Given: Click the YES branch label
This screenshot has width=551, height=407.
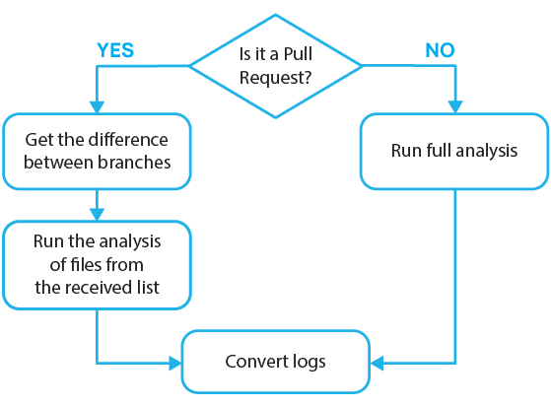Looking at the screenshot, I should pos(114,49).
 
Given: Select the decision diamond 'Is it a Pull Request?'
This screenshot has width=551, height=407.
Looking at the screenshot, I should pos(276,66).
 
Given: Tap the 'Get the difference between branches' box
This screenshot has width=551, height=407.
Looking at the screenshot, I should pos(98,151).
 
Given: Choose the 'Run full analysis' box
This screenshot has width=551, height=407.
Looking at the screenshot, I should pos(454,151).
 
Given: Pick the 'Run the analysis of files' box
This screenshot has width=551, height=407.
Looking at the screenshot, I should pos(98,265).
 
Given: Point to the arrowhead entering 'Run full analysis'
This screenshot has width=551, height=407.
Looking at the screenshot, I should pos(454,106).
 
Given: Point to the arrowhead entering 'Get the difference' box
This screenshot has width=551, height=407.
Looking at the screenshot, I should pos(98,106).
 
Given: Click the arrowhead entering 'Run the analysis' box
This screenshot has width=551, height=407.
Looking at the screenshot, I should pos(98,214).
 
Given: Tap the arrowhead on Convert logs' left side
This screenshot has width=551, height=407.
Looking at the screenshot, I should pos(175,363).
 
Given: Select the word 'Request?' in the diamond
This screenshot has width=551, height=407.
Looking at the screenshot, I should pos(276,77).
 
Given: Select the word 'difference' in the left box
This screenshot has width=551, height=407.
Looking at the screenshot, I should pos(131,139).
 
